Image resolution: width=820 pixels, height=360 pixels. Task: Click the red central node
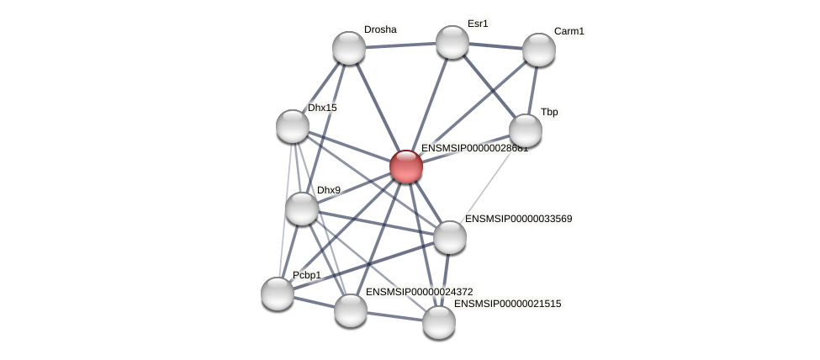click(x=405, y=167)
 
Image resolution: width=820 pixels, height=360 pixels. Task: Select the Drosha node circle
click(x=349, y=48)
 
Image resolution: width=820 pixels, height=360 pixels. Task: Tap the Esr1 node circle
click(x=452, y=42)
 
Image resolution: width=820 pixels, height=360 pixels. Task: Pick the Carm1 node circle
click(x=539, y=50)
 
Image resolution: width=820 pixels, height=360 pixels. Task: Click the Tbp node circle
click(x=526, y=130)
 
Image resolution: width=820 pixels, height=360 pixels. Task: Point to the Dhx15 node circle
click(x=293, y=126)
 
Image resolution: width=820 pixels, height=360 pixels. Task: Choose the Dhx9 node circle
click(x=302, y=209)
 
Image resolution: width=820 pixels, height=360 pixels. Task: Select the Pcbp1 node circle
click(x=278, y=294)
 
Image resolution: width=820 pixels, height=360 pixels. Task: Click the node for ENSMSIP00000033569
click(x=450, y=237)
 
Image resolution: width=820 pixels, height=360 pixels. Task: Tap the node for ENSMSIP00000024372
click(x=351, y=310)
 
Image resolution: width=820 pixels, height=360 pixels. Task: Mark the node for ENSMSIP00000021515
click(x=439, y=322)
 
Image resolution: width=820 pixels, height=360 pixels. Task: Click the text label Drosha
click(x=380, y=29)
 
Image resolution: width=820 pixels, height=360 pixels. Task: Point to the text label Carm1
click(x=569, y=31)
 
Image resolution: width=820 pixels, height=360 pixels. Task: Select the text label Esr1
click(x=478, y=24)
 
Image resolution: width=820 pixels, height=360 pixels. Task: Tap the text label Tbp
click(x=549, y=112)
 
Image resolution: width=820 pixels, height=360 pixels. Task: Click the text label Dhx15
click(x=322, y=108)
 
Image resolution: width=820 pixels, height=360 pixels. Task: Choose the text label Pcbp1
click(x=307, y=275)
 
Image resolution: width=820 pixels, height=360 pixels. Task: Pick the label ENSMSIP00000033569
click(x=518, y=219)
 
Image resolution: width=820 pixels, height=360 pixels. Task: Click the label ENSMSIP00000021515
click(x=507, y=304)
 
